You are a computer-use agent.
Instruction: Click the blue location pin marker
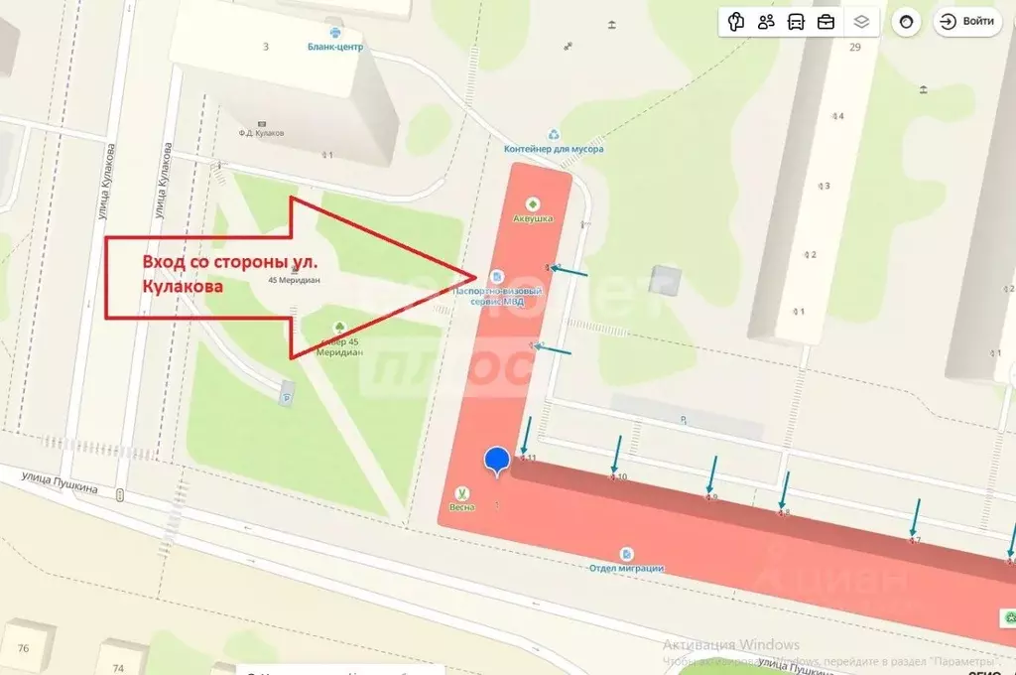click(x=497, y=461)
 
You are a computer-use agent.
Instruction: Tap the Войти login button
click(x=967, y=22)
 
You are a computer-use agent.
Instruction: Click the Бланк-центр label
click(x=336, y=47)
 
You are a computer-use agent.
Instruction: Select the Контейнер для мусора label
click(x=554, y=149)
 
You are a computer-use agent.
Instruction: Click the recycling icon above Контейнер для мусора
click(x=555, y=134)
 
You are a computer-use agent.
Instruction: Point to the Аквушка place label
click(x=532, y=217)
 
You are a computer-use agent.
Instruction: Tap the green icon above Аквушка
click(x=532, y=203)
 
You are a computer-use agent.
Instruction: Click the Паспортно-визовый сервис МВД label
click(x=498, y=296)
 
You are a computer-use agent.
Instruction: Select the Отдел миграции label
click(x=626, y=568)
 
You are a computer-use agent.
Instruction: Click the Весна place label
click(x=462, y=507)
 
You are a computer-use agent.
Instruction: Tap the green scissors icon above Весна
click(x=462, y=493)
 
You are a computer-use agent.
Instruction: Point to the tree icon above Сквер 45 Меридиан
click(x=338, y=326)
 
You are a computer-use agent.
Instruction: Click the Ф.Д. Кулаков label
click(x=261, y=132)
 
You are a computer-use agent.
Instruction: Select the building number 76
click(x=23, y=649)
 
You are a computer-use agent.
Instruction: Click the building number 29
click(x=855, y=47)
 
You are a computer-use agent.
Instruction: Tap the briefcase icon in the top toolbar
click(x=825, y=22)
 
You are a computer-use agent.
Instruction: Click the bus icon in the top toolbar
click(x=796, y=22)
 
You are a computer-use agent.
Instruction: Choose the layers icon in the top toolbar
click(x=861, y=22)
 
